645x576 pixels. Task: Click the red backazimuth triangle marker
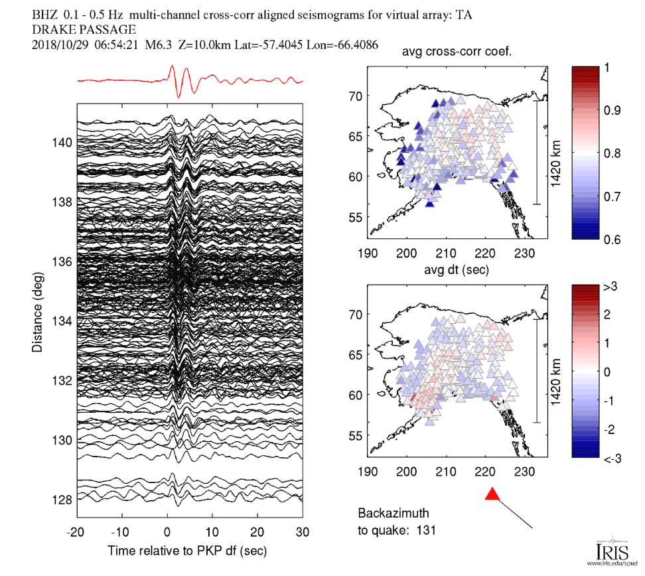[492, 494]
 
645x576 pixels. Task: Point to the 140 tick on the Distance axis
[63, 142]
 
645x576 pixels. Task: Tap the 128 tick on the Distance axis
[63, 499]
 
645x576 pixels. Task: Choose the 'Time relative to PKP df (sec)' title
[191, 551]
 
